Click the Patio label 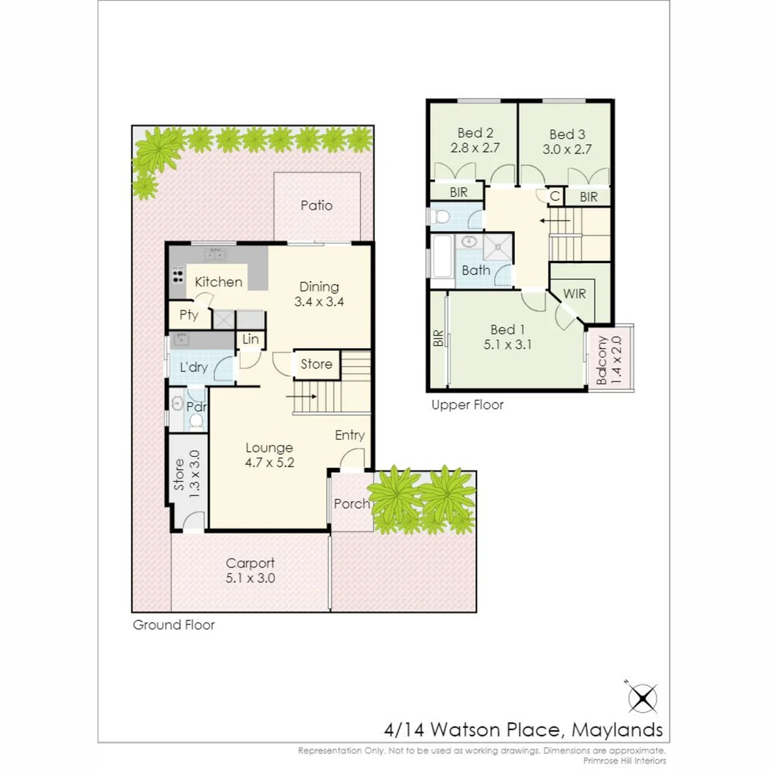point(316,206)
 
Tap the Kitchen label point(218,282)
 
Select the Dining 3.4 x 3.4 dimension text point(319,302)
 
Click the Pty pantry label point(188,315)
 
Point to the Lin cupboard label point(250,340)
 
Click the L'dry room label point(193,368)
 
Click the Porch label point(351,504)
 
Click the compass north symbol point(642,697)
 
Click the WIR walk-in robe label point(574,294)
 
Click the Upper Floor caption point(467,405)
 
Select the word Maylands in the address point(617,729)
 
